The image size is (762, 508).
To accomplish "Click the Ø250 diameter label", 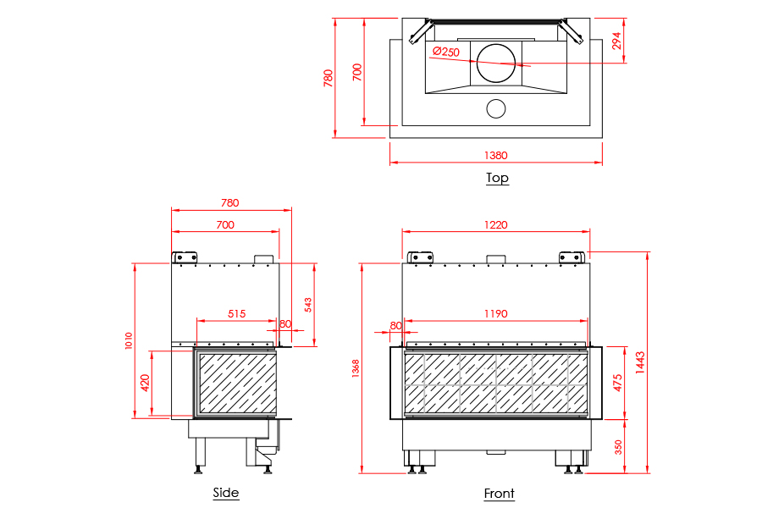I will click(445, 52).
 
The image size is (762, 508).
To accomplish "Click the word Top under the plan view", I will click(497, 178).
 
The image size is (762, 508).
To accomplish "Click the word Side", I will click(226, 493).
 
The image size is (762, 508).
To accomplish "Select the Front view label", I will click(499, 494).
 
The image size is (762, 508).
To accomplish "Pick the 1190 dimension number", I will click(495, 313).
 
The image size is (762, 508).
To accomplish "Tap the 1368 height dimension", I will click(356, 368).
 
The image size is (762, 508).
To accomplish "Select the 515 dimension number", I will click(236, 313).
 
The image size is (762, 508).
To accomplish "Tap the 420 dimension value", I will click(145, 382).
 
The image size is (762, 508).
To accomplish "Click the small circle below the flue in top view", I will click(495, 108).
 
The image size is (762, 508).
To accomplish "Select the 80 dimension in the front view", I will click(395, 325).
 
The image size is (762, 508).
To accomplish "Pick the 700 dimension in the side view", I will click(224, 224).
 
